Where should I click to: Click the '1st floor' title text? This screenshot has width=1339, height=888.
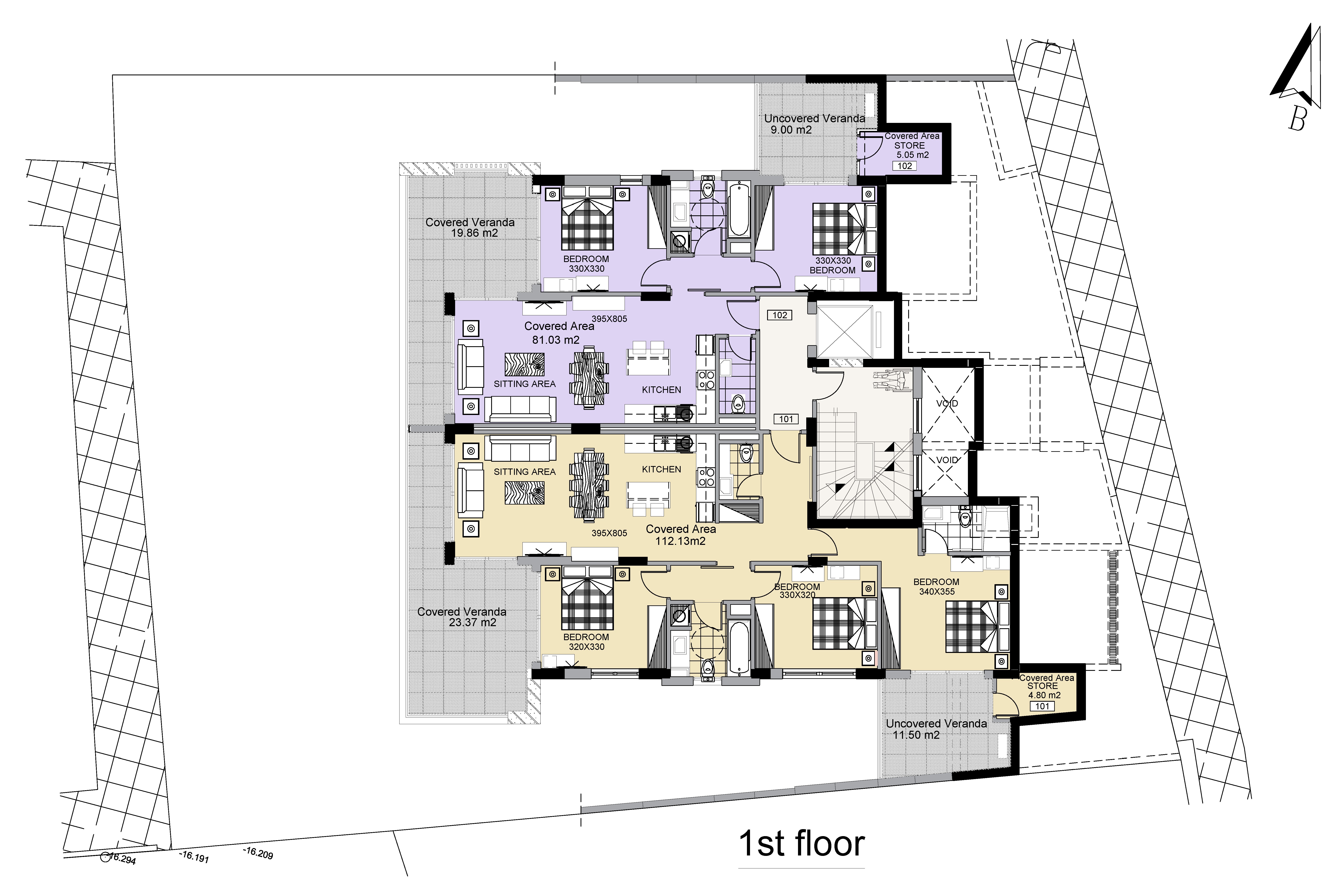pos(802,844)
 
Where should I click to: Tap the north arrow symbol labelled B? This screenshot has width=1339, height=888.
pos(1297,79)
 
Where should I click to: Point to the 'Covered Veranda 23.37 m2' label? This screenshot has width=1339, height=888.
pos(462,617)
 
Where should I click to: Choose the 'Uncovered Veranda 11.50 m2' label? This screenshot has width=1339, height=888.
pos(936,729)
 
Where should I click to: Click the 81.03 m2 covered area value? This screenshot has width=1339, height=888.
pos(556,340)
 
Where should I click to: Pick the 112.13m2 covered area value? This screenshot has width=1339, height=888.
pos(680,541)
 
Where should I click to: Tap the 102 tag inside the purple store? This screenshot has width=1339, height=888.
pos(904,166)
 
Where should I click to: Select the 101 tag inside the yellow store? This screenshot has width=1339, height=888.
pos(1042,706)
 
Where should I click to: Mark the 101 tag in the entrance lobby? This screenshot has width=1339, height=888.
pos(786,419)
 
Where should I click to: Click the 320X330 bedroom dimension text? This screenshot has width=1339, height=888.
pos(586,647)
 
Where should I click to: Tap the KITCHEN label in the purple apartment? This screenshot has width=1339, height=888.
pos(661,390)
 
